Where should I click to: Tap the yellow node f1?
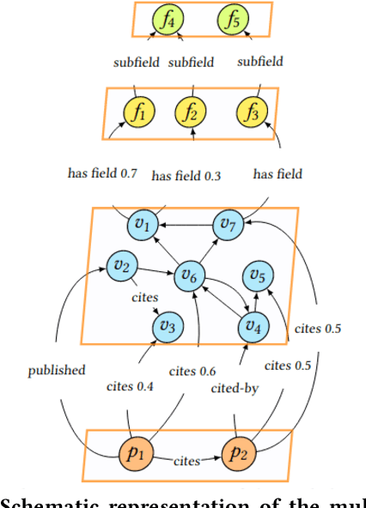[140, 111]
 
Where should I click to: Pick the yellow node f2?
[192, 112]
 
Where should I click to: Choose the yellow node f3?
[249, 112]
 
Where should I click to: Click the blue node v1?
[143, 225]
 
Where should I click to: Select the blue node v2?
[121, 267]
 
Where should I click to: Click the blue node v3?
[168, 326]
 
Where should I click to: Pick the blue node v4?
[251, 326]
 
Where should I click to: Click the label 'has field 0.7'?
[102, 172]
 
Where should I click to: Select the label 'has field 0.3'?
[186, 176]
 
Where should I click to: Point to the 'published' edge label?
[56, 371]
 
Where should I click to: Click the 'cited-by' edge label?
[235, 389]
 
